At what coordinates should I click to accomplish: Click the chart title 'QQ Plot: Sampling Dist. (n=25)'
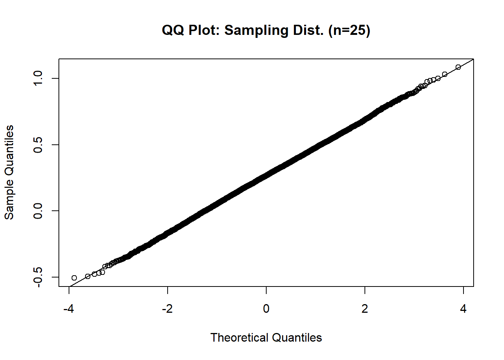[x=266, y=30]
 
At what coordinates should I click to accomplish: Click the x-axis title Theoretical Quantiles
[x=266, y=337]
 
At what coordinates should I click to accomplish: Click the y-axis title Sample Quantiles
[x=9, y=172]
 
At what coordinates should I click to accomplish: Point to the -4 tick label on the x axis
[x=69, y=309]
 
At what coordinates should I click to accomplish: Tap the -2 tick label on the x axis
[x=167, y=309]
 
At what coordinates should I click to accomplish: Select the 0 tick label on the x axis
[x=266, y=309]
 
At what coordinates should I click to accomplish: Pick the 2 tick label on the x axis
[x=365, y=309]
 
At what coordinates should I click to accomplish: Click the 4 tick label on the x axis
[x=463, y=309]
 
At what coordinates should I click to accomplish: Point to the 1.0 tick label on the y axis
[x=38, y=78]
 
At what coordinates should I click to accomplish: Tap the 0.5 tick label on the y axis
[x=38, y=145]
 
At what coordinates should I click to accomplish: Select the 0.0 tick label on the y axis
[x=38, y=211]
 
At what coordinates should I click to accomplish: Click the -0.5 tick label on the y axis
[x=38, y=277]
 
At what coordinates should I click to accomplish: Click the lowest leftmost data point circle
[x=74, y=278]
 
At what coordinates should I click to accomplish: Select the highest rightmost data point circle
[x=458, y=67]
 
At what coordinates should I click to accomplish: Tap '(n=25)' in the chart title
[x=349, y=30]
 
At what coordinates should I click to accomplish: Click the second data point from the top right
[x=445, y=74]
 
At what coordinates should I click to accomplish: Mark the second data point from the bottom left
[x=88, y=276]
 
